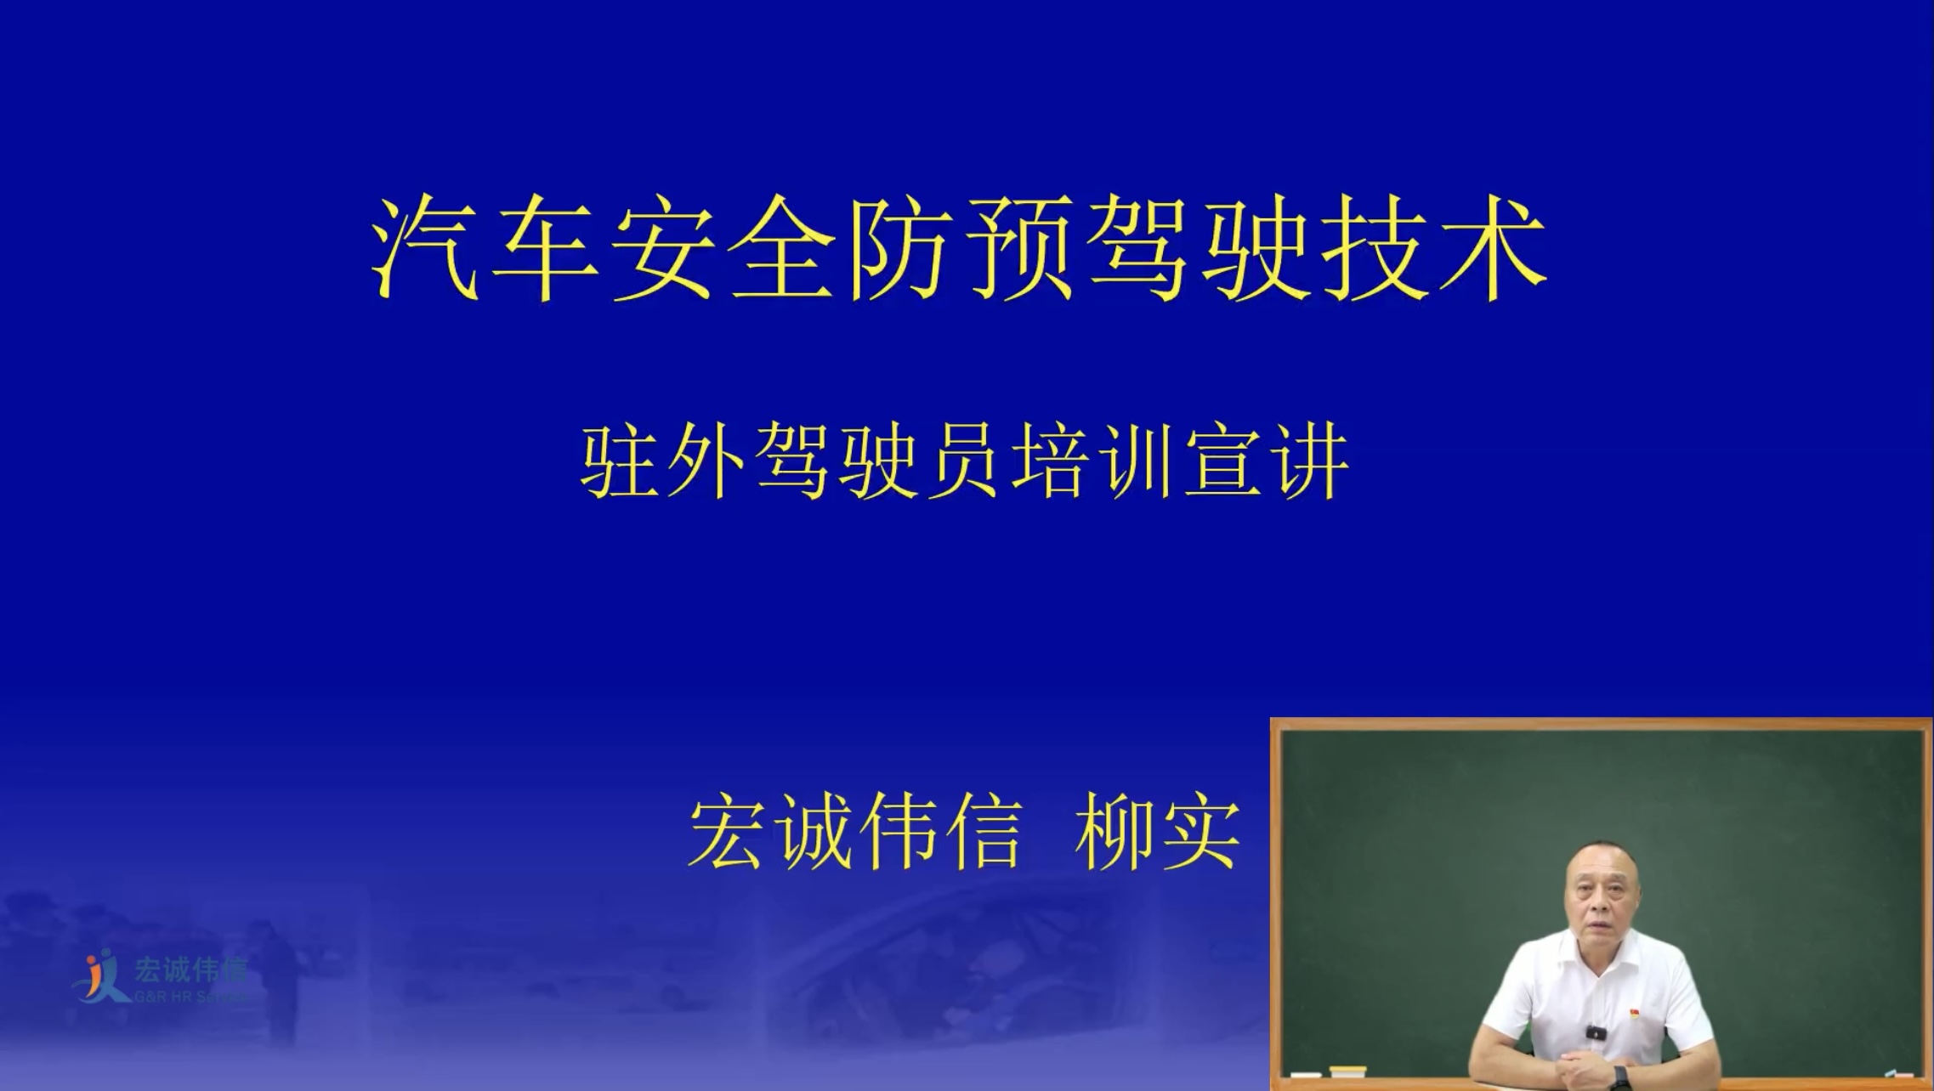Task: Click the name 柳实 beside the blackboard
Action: pyautogui.click(x=1157, y=833)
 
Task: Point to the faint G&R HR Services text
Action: pyautogui.click(x=189, y=996)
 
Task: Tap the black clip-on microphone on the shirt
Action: pyautogui.click(x=1596, y=1033)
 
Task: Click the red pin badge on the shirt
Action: pyautogui.click(x=1634, y=1014)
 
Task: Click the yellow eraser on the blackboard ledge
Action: pyautogui.click(x=1347, y=1071)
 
